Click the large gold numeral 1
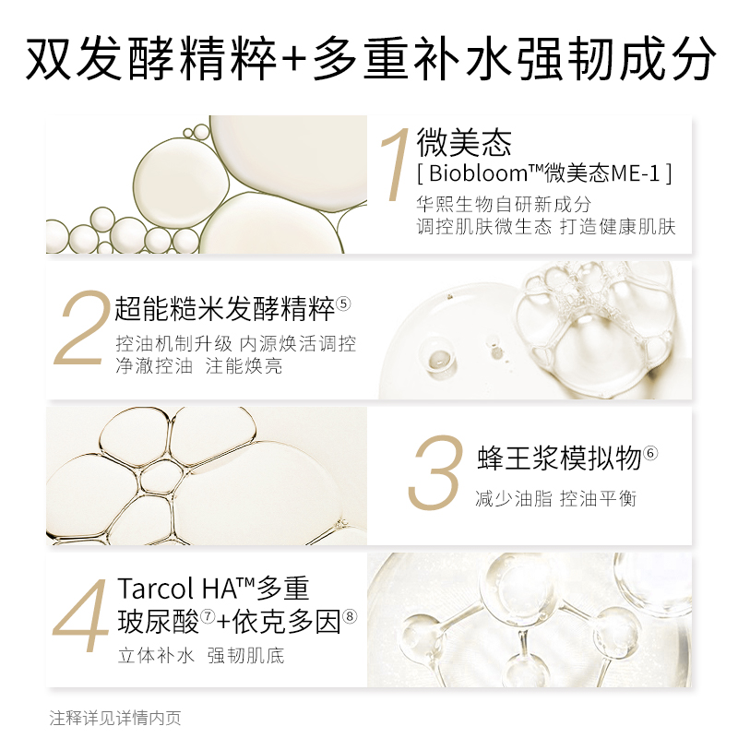[x=397, y=165]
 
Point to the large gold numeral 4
[x=80, y=615]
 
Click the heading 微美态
[x=464, y=143]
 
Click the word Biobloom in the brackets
[x=479, y=173]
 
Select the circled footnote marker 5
[x=343, y=304]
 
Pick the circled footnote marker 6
[x=650, y=453]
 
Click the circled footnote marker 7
[x=208, y=615]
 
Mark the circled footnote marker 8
[x=350, y=615]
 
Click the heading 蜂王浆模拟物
[x=559, y=458]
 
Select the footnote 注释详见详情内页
[x=114, y=719]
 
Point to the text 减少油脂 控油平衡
[x=555, y=498]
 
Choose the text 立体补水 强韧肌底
[x=201, y=656]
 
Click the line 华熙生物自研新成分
[x=503, y=204]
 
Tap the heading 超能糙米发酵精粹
[x=224, y=309]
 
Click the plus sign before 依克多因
[x=223, y=623]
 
